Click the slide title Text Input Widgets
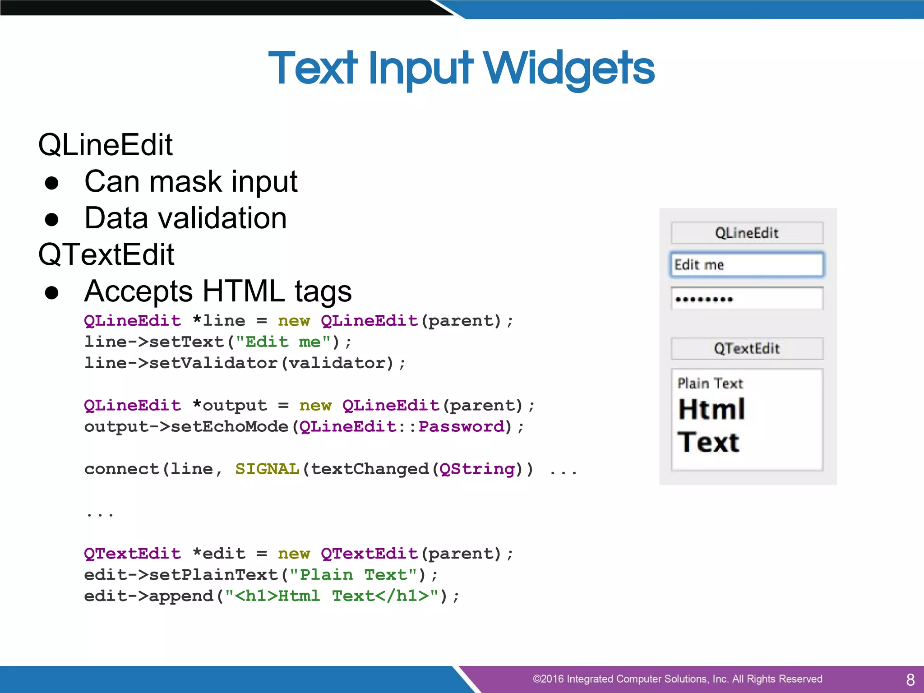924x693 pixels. (461, 69)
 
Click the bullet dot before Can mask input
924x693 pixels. (52, 183)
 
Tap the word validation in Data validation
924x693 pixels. (218, 218)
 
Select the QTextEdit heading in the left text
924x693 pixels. (106, 254)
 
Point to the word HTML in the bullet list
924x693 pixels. (244, 291)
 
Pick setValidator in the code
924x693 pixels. (213, 363)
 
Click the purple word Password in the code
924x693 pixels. (461, 427)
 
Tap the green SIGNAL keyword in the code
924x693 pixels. (267, 469)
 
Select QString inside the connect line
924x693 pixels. (477, 469)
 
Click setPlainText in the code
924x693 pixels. (213, 575)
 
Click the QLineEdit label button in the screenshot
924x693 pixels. (747, 233)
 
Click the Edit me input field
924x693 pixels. (747, 265)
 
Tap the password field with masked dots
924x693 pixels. (747, 299)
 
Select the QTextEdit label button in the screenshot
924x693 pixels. (747, 348)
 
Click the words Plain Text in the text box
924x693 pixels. (710, 383)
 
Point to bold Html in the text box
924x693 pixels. (711, 410)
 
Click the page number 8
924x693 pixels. (910, 679)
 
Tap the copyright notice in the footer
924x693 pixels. (677, 679)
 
